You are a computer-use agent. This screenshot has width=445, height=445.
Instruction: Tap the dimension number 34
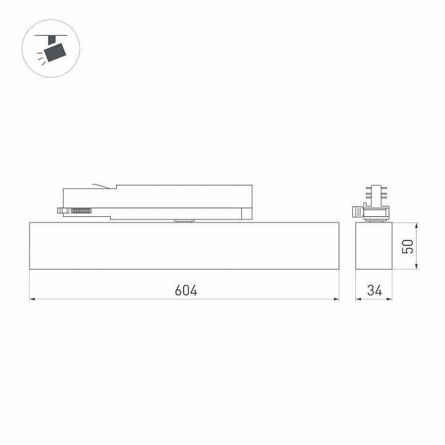pyautogui.click(x=374, y=290)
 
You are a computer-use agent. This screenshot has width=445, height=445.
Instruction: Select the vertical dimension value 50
pyautogui.click(x=407, y=246)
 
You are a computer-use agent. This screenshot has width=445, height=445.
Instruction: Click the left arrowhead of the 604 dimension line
pyautogui.click(x=33, y=300)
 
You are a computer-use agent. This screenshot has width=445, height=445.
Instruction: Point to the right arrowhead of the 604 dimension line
pyautogui.click(x=336, y=300)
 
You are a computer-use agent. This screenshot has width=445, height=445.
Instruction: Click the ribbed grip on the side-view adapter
pyautogui.click(x=81, y=211)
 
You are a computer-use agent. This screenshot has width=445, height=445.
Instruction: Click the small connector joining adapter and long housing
pyautogui.click(x=184, y=219)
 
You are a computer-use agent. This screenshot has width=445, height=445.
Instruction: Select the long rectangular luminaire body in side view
pyautogui.click(x=184, y=245)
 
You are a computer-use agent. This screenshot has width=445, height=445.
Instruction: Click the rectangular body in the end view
pyautogui.click(x=374, y=245)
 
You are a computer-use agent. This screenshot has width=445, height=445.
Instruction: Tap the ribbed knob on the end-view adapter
pyautogui.click(x=357, y=211)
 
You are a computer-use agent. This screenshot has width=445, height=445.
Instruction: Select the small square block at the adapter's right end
pyautogui.click(x=247, y=213)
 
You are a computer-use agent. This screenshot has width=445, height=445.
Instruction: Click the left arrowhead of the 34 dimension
pyautogui.click(x=358, y=300)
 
